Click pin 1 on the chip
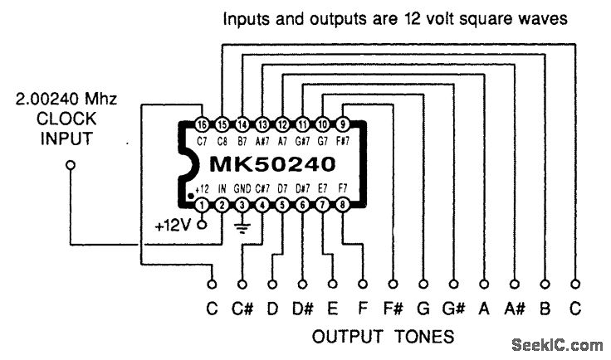click(x=202, y=204)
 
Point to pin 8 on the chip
click(x=341, y=204)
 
